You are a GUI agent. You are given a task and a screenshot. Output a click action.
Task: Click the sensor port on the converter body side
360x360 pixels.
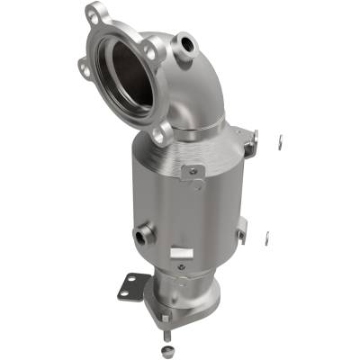141,238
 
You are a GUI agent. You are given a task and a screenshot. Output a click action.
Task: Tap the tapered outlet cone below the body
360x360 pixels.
184,292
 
